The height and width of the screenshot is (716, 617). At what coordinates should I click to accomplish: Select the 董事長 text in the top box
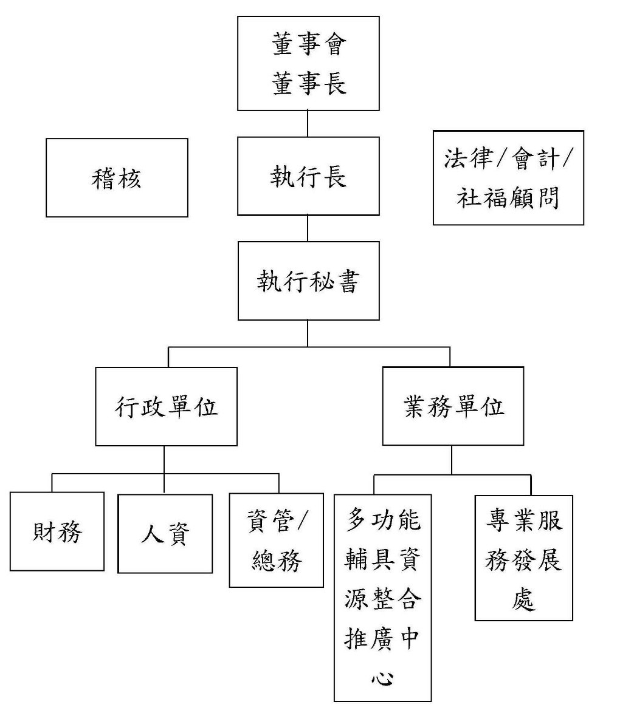pyautogui.click(x=309, y=83)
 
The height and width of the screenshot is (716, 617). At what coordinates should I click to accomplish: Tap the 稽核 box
pyautogui.click(x=117, y=178)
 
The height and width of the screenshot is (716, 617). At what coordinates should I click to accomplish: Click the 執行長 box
pyautogui.click(x=308, y=177)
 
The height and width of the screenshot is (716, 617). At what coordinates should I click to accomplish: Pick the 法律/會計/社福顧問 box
pyautogui.click(x=508, y=178)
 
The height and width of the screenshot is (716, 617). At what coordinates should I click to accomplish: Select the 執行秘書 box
pyautogui.click(x=308, y=281)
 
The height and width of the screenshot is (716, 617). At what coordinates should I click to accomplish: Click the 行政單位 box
pyautogui.click(x=166, y=406)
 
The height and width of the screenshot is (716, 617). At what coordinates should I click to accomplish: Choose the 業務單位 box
pyautogui.click(x=453, y=406)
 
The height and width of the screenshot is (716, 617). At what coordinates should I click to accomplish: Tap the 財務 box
pyautogui.click(x=57, y=532)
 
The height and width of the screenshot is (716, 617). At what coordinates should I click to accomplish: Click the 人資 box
pyautogui.click(x=165, y=534)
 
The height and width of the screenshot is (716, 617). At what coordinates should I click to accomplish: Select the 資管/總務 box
pyautogui.click(x=276, y=540)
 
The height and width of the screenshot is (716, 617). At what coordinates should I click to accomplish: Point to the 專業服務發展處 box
pyautogui.click(x=523, y=558)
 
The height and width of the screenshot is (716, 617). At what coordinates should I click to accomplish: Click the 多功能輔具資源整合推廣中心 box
pyautogui.click(x=382, y=598)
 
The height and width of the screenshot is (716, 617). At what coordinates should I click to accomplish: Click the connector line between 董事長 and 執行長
pyautogui.click(x=308, y=124)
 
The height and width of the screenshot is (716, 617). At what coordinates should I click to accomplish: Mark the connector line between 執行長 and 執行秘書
pyautogui.click(x=308, y=228)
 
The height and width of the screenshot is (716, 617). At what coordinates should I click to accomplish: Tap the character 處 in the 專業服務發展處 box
pyautogui.click(x=523, y=599)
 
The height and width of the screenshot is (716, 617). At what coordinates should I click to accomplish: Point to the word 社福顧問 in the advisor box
pyautogui.click(x=508, y=197)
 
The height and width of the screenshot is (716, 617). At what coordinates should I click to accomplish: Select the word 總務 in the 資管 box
pyautogui.click(x=276, y=561)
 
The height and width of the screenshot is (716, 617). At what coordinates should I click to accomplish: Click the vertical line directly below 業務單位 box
pyautogui.click(x=451, y=460)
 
